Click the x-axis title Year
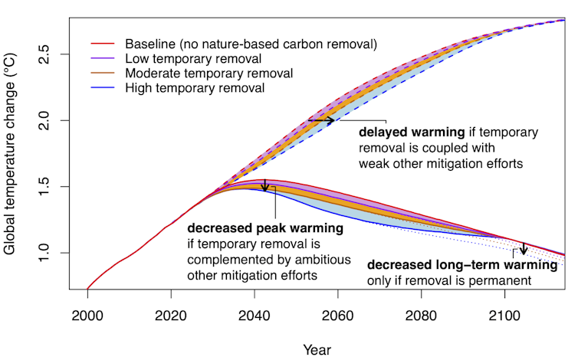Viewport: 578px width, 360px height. click(x=317, y=349)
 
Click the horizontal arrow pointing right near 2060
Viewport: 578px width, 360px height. click(x=321, y=120)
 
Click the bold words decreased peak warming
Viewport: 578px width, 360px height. click(x=264, y=229)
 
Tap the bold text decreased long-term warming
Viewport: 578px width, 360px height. click(x=461, y=266)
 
